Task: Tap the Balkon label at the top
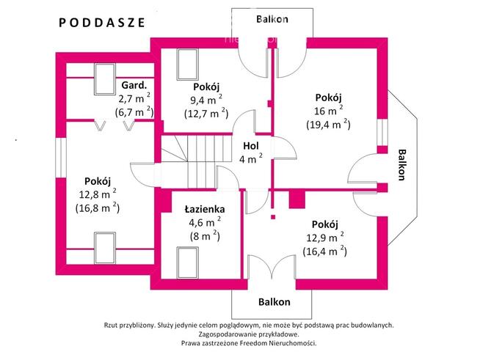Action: [272, 19]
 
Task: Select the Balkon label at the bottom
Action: [274, 301]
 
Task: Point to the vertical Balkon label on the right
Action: [401, 165]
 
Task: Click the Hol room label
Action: [251, 144]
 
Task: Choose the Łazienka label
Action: [199, 208]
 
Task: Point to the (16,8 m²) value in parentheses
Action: [97, 207]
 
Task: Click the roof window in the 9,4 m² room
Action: [188, 60]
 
